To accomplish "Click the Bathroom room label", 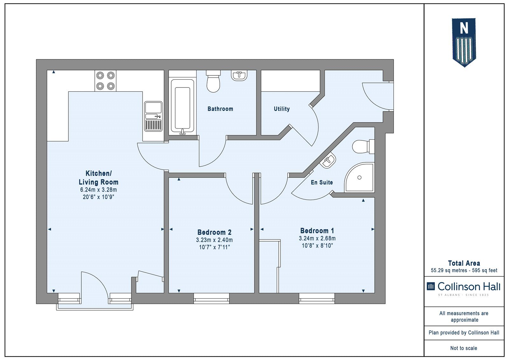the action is point(220,109).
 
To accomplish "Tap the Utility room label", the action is point(282,109).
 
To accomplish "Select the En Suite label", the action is point(322,182).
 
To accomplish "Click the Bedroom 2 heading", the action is point(214,232).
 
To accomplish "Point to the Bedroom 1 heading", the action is point(317,230).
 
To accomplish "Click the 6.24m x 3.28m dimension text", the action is point(98,189).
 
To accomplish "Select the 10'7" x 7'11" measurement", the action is point(214,247).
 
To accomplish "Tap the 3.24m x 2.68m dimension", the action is point(317,238).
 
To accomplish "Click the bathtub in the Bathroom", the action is point(183,106).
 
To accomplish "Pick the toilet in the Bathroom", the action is point(213,81).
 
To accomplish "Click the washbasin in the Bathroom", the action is point(239,75).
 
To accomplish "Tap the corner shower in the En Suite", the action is point(359,177).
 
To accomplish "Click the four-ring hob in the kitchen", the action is point(105,81).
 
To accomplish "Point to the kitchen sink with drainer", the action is point(153,116).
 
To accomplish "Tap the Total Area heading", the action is point(464,263).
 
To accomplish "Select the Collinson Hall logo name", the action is point(469,286).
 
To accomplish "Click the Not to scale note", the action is point(464,348).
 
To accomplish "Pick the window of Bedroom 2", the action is point(211,298).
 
